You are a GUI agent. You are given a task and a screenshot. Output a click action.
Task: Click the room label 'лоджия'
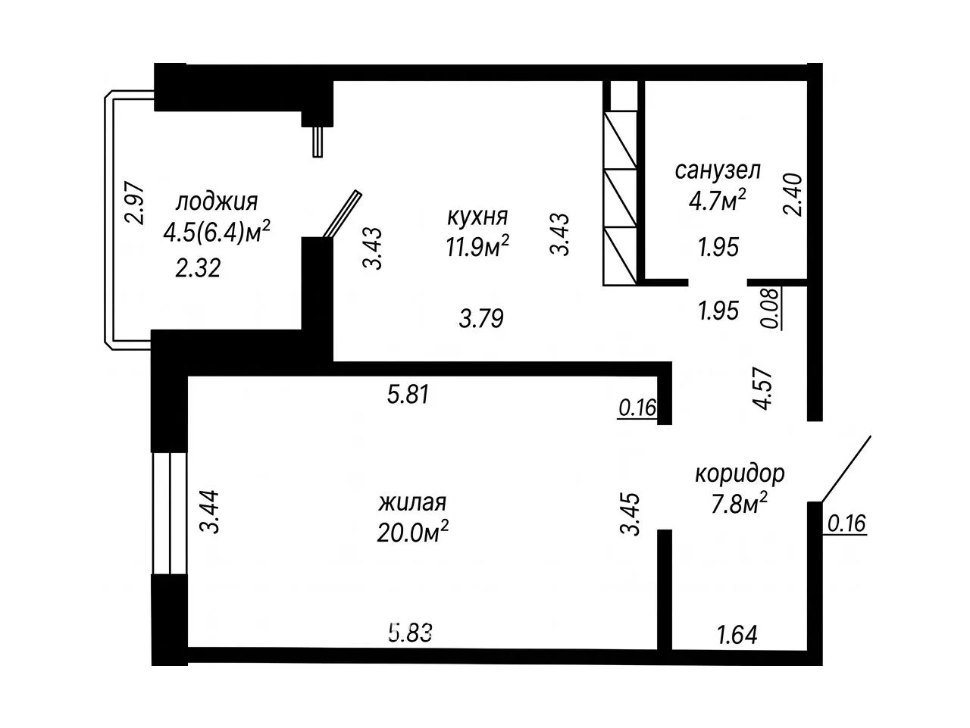point(217,202)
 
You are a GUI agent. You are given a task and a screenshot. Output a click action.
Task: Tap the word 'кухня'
point(477,217)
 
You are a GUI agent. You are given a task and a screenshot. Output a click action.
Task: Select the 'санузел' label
point(718,170)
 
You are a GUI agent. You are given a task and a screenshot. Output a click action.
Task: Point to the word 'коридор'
point(740,474)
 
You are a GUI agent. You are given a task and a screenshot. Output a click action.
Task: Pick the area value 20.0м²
point(413,533)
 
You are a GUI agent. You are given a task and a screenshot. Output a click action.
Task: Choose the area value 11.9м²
point(477,246)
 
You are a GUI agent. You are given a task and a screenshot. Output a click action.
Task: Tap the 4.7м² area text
point(718,200)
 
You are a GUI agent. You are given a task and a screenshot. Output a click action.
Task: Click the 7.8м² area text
point(739,504)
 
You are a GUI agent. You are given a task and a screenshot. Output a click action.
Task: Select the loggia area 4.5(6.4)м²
point(217,232)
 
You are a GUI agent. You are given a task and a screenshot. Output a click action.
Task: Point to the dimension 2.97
point(135,203)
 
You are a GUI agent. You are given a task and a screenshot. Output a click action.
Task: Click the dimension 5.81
point(408,395)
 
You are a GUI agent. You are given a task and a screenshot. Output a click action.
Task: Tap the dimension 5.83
point(410,633)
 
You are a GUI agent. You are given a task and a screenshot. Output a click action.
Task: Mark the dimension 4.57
point(763,389)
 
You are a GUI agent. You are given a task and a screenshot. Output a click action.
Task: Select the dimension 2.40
point(793,195)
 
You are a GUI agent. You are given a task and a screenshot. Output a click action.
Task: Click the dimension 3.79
point(481,318)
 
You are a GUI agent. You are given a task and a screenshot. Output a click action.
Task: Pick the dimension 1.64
point(737,635)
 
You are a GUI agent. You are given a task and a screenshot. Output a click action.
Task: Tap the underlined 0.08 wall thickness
point(771,308)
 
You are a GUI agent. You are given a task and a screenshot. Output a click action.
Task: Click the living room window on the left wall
point(169,514)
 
